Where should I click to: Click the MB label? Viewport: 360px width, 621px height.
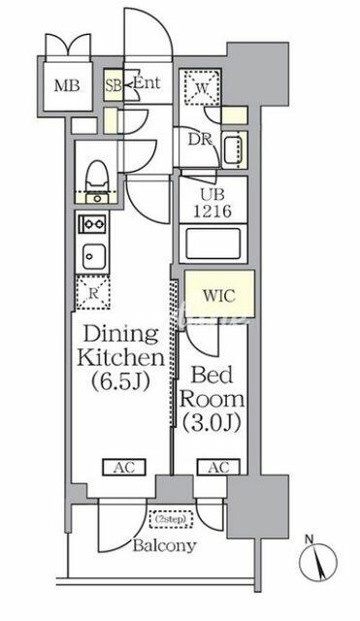[x=67, y=85]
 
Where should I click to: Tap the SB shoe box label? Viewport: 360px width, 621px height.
[x=114, y=86]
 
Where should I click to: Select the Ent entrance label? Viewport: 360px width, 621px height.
[x=147, y=82]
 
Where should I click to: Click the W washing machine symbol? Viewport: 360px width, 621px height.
[x=202, y=88]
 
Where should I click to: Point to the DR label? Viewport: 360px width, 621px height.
[x=200, y=139]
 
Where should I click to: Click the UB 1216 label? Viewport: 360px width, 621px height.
[x=213, y=204]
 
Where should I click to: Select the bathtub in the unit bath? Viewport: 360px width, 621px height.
[x=213, y=244]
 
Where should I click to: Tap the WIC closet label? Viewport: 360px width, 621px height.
[x=219, y=295]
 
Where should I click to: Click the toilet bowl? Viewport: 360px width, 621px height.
[x=97, y=174]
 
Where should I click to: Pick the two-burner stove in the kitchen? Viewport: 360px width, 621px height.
[x=93, y=224]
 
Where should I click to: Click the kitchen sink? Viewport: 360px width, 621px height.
[x=94, y=256]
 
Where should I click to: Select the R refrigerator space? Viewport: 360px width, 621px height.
[x=93, y=292]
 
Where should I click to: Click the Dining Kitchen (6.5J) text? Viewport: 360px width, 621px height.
[x=120, y=358]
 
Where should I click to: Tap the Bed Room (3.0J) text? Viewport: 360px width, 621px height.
[x=212, y=399]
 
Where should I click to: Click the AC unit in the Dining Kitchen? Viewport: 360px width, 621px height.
[x=124, y=468]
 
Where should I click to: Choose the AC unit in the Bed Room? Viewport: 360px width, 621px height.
[x=218, y=468]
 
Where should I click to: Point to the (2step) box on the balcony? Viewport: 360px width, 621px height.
[x=171, y=519]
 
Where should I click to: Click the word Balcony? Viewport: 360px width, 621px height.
[x=164, y=545]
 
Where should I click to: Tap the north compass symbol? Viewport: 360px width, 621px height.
[x=318, y=561]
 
